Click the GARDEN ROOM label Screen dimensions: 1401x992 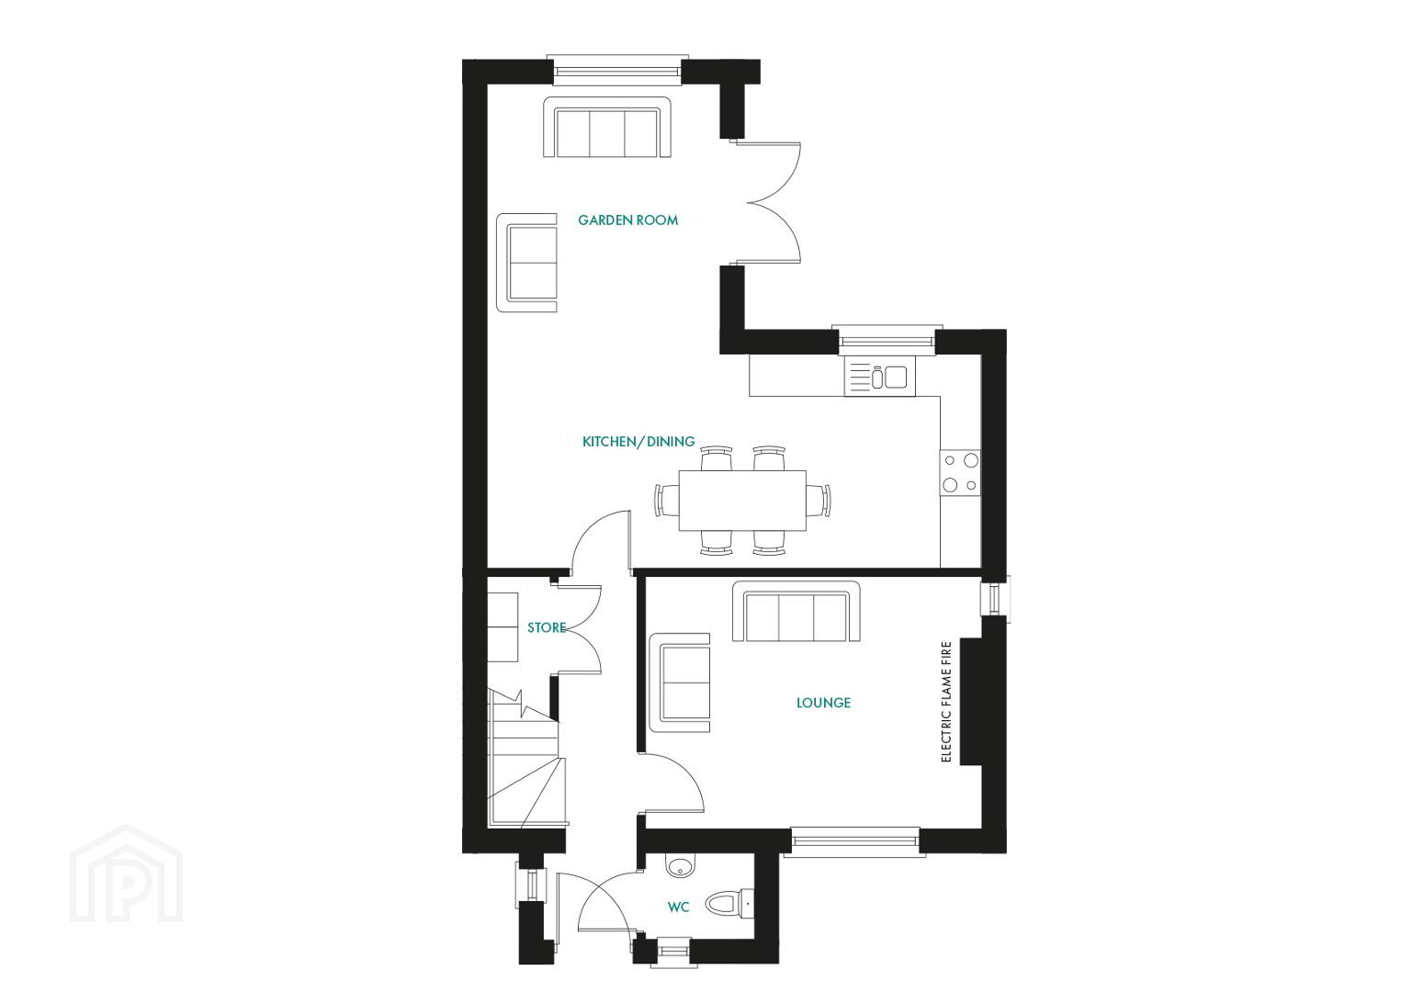[627, 220]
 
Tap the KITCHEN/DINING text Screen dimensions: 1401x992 [638, 442]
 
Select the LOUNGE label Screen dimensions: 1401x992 [823, 703]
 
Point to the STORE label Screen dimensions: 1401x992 [547, 628]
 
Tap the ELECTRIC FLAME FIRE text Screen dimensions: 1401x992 [946, 702]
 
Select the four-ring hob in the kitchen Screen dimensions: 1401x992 [960, 473]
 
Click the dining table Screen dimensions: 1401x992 [742, 501]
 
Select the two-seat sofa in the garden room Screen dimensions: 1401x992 [526, 262]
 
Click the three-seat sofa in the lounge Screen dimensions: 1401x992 [797, 611]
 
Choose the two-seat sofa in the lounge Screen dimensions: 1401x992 [680, 682]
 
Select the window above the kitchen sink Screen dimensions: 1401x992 [887, 340]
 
